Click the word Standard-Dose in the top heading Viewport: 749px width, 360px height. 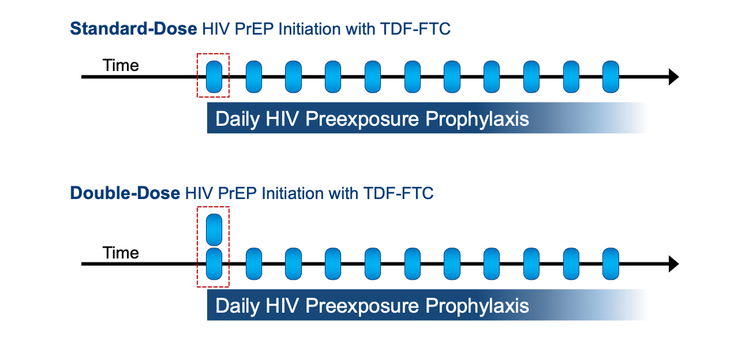(133, 29)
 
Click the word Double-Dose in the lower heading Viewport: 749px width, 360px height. (125, 193)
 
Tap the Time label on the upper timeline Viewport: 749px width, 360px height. (121, 66)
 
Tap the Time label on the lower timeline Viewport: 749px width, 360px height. (121, 253)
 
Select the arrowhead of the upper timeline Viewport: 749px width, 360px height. (673, 77)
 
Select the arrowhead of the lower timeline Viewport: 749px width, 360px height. (673, 264)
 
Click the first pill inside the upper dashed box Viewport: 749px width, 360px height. (214, 77)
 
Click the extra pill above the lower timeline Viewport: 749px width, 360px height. (214, 230)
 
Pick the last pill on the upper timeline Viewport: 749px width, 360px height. (611, 77)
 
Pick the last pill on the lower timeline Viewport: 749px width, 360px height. (611, 264)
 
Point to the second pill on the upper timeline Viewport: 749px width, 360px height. (254, 77)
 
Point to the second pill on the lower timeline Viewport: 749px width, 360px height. (254, 264)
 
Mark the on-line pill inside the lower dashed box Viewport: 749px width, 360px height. (214, 264)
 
